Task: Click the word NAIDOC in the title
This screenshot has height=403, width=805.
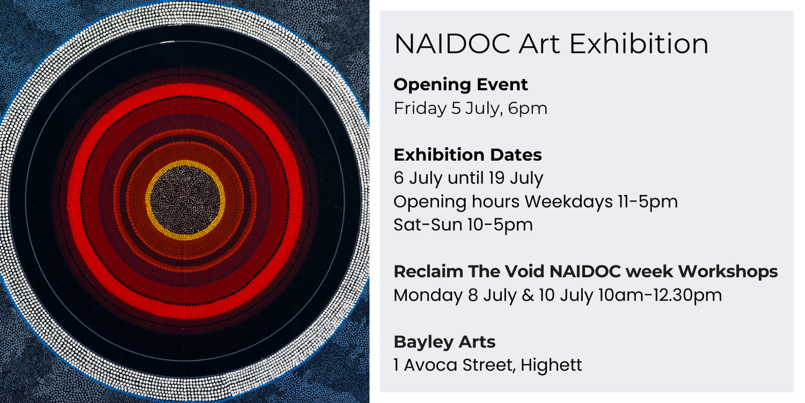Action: [x=452, y=44]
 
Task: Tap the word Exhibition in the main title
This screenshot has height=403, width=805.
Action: [x=639, y=43]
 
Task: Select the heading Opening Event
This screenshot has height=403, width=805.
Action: [x=461, y=85]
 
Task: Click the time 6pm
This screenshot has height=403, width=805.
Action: [x=528, y=109]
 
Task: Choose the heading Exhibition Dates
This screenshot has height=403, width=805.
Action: [x=467, y=155]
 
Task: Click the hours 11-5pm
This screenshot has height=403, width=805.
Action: [x=647, y=202]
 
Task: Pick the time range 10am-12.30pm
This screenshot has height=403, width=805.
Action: [x=660, y=295]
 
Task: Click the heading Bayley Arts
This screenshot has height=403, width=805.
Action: [x=445, y=342]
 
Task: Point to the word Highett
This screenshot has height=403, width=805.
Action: [x=551, y=366]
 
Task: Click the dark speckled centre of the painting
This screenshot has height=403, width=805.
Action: [x=185, y=200]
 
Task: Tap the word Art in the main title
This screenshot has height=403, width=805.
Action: [x=539, y=44]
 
